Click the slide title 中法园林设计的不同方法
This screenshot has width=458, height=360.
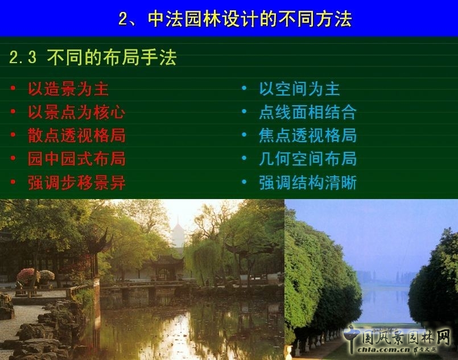[250, 19]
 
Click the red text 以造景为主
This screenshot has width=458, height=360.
[68, 89]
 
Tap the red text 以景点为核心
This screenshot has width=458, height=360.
[77, 112]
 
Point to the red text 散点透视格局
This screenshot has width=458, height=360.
[77, 135]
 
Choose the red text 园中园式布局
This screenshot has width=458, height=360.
[77, 159]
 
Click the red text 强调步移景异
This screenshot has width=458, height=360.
[77, 183]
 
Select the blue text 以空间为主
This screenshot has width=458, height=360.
[299, 89]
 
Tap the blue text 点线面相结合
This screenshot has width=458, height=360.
[308, 112]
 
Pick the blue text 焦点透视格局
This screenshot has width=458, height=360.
[308, 135]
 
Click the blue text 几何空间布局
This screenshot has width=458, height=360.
[308, 159]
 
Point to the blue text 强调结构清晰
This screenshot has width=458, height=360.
[308, 183]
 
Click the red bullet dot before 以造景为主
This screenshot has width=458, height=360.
[13, 89]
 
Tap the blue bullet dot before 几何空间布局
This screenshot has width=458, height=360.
[244, 159]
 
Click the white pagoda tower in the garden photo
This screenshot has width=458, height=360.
[178, 233]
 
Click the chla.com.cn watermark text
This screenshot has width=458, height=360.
[387, 350]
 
